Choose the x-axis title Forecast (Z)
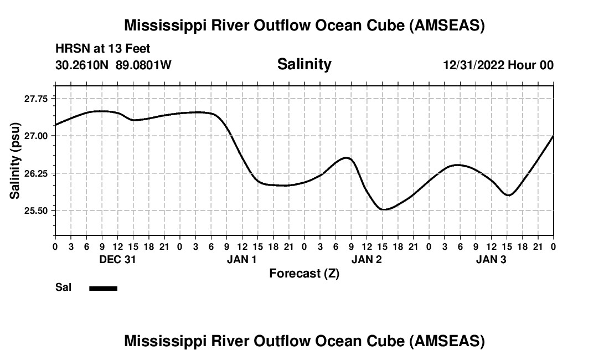tap(304, 274)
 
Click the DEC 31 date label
tap(117, 260)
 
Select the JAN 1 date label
tap(242, 260)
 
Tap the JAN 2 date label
tap(367, 260)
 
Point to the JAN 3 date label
tap(491, 260)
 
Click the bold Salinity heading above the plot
tap(304, 64)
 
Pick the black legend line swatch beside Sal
tap(104, 288)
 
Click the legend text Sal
tap(63, 288)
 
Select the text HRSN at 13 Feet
tap(102, 49)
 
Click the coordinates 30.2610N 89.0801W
tap(113, 65)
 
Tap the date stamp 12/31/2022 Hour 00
tap(498, 65)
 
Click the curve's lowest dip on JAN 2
tap(385, 209)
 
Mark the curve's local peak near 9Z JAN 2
tap(347, 158)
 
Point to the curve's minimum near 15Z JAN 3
tap(509, 196)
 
